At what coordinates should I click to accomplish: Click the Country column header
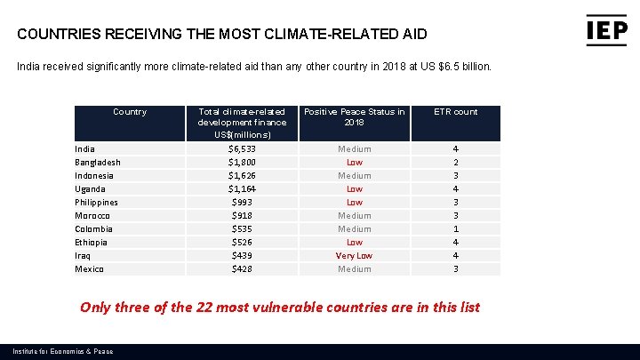(x=130, y=112)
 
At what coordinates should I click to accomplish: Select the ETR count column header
(x=455, y=112)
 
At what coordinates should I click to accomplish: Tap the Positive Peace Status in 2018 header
(x=354, y=117)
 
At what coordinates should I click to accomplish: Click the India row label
(x=84, y=149)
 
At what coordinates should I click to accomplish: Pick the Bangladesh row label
(x=97, y=163)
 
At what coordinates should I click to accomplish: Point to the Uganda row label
(x=90, y=189)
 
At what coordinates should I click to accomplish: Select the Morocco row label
(x=92, y=216)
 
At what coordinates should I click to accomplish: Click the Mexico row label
(x=89, y=269)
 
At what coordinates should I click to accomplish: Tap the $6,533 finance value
(x=242, y=149)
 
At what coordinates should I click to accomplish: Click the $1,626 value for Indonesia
(x=242, y=176)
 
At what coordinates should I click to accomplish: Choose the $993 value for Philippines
(x=242, y=203)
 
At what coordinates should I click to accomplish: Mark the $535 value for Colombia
(x=242, y=229)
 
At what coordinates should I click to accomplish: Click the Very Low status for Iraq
(x=354, y=256)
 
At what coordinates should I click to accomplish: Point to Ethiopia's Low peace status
(x=354, y=243)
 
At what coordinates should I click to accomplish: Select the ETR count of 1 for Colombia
(x=455, y=229)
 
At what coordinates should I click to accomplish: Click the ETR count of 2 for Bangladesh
(x=455, y=163)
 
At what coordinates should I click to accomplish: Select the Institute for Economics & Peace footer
(x=63, y=352)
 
